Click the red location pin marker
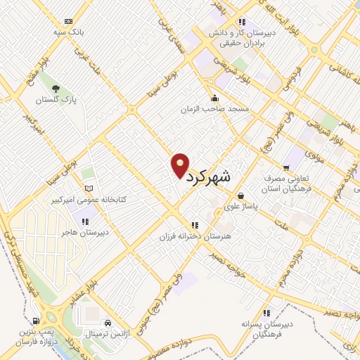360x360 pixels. (x=180, y=165)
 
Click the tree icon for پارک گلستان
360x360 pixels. (x=56, y=89)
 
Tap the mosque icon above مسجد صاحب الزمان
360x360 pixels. (x=214, y=98)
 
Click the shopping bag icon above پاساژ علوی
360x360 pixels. (x=241, y=195)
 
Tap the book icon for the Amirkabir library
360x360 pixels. (x=88, y=188)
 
